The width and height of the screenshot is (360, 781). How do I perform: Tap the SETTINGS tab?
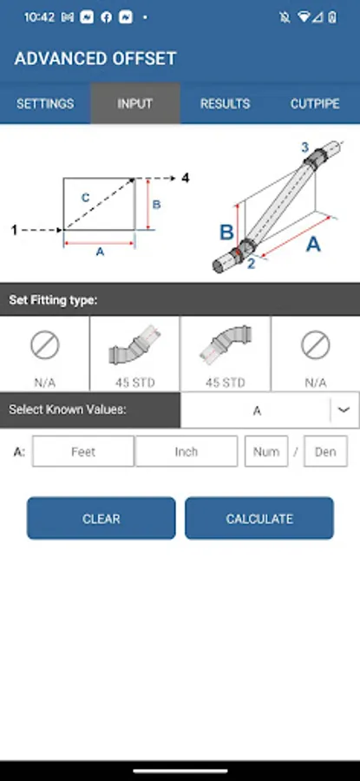click(45, 103)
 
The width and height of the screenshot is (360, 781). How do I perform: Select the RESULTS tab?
click(225, 103)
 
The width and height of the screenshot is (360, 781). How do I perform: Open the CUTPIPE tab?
click(315, 103)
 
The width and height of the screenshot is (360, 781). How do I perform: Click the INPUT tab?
click(135, 103)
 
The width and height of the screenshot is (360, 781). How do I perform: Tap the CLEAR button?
click(101, 518)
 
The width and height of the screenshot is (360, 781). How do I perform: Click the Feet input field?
click(83, 451)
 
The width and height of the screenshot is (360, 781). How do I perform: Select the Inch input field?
click(187, 451)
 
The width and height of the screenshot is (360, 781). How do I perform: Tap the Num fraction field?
click(266, 451)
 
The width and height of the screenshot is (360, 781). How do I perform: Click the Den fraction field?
click(325, 451)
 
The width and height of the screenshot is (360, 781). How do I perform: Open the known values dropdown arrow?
click(344, 410)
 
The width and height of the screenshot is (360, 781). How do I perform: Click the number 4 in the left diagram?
click(186, 177)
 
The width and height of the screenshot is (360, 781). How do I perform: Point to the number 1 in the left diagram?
click(14, 230)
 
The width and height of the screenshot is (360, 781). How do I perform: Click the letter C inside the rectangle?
click(85, 198)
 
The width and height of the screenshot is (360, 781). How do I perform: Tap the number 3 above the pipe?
click(304, 148)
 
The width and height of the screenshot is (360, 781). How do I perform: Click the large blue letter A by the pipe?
click(313, 244)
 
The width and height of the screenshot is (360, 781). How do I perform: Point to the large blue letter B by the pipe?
click(227, 232)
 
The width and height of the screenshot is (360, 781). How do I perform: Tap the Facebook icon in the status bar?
click(106, 17)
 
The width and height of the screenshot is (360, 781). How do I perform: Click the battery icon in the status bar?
click(332, 17)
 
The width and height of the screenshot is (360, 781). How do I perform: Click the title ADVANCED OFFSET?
click(95, 59)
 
